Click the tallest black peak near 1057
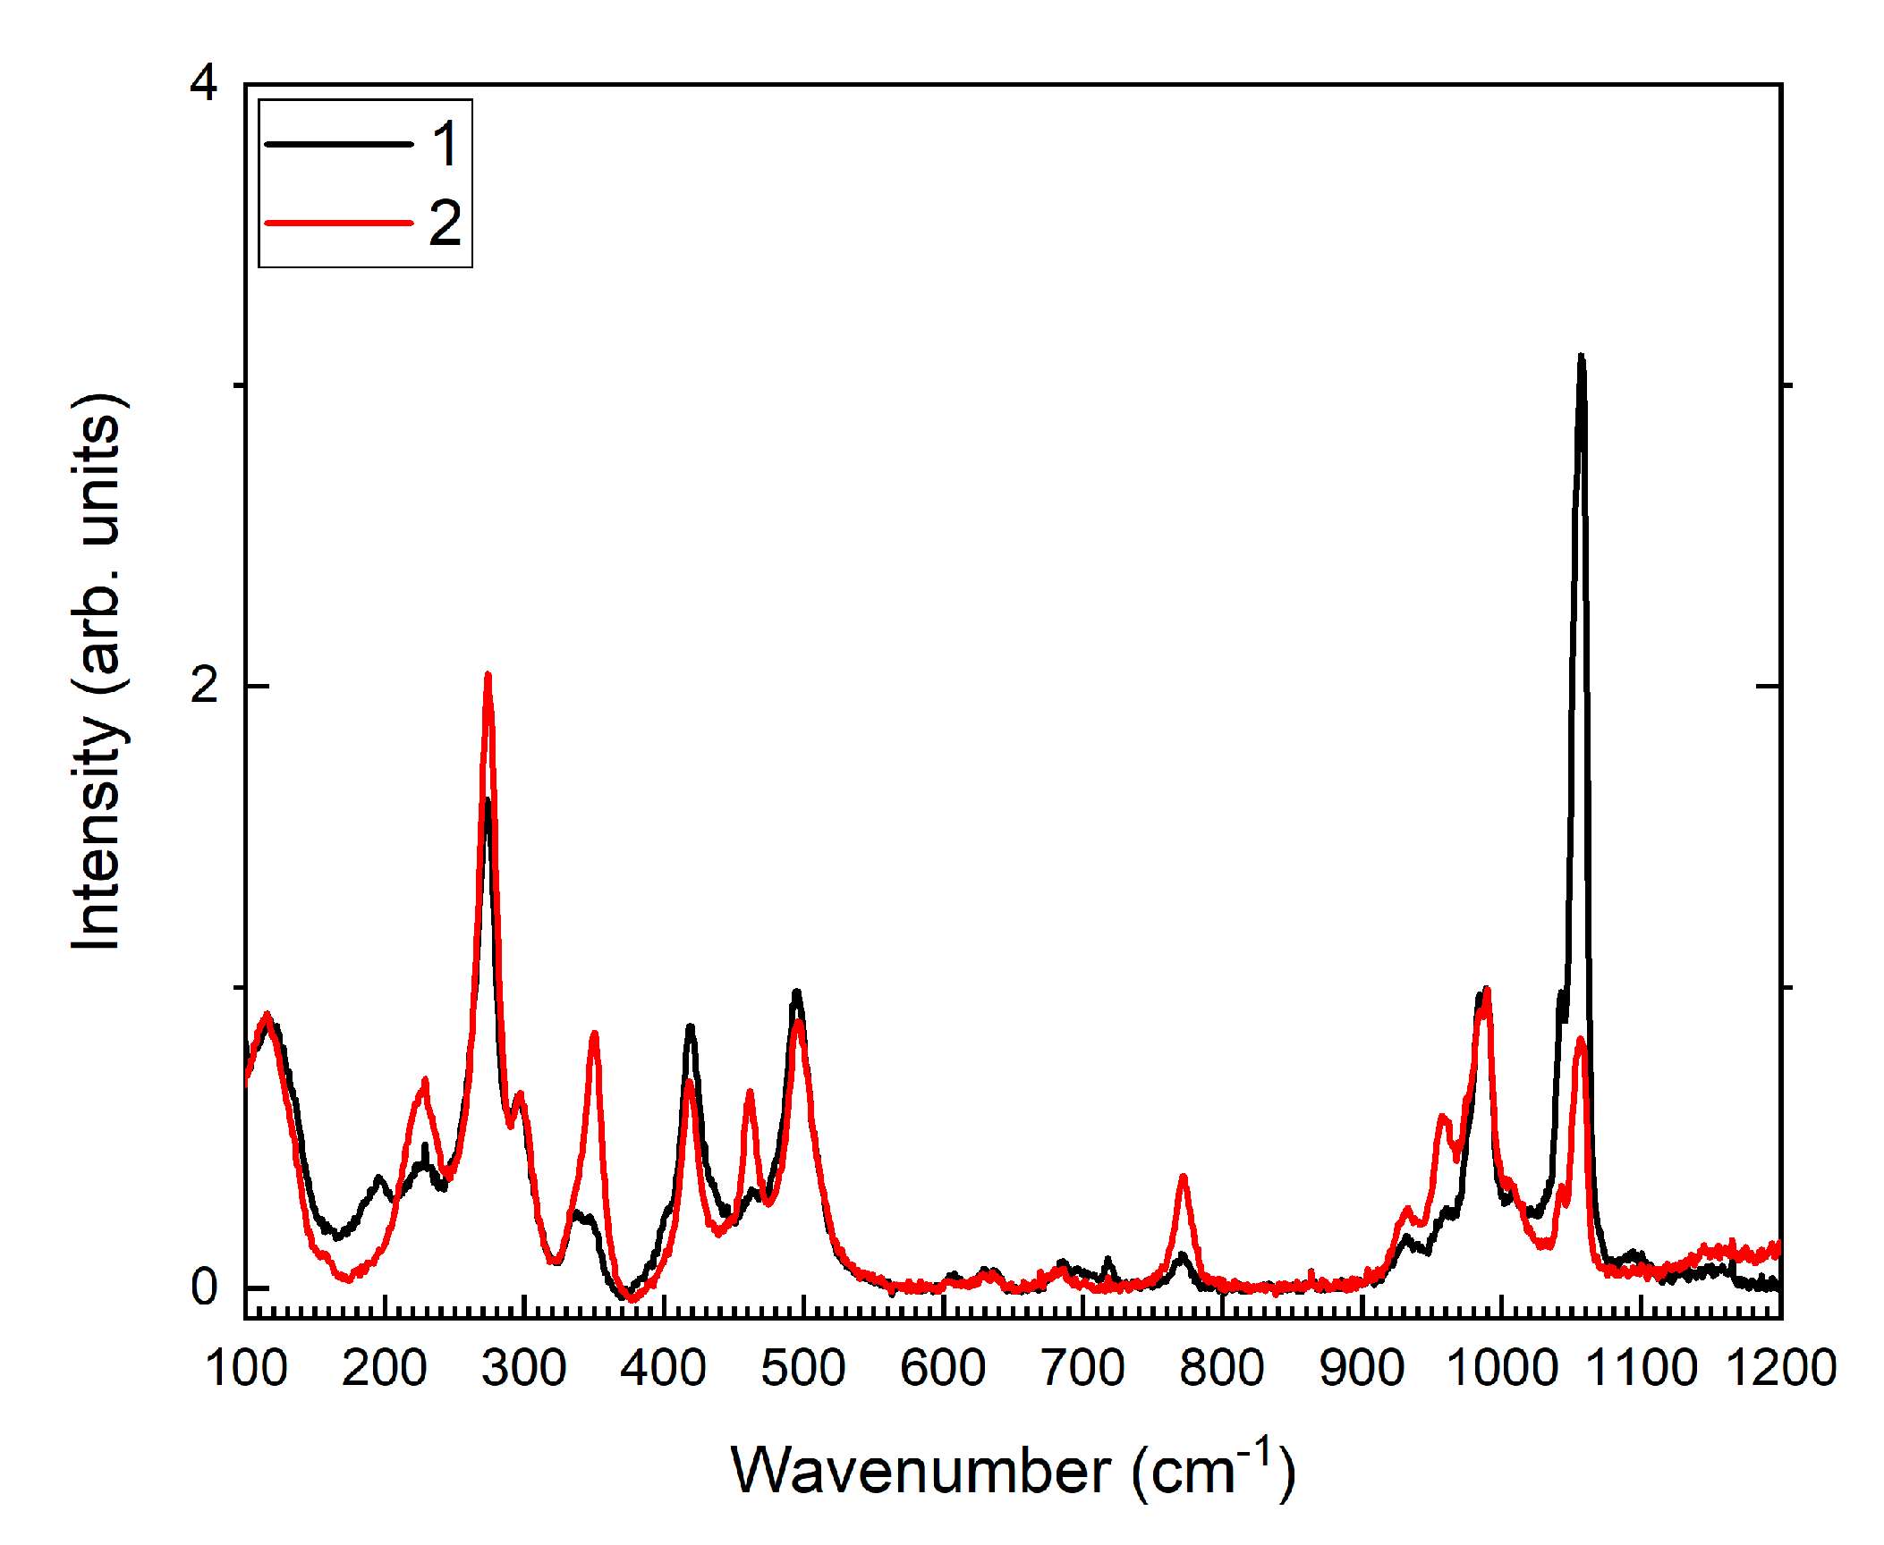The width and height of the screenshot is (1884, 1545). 1581,358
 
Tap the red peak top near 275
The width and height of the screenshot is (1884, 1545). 488,675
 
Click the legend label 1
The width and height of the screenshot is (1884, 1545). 445,144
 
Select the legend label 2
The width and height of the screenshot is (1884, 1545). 445,223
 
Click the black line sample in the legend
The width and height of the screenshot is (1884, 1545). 339,144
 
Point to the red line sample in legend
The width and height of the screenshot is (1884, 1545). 339,223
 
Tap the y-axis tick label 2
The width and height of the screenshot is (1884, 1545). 204,686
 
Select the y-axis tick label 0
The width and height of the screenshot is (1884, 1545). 204,1287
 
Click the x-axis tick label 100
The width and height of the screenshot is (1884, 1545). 246,1369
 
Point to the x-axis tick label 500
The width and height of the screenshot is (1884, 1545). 803,1369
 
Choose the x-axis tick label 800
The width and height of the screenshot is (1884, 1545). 1222,1369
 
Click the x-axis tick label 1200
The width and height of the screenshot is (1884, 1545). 1780,1369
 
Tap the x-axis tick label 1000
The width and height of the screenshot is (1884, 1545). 1501,1369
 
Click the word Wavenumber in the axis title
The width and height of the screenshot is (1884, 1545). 921,1471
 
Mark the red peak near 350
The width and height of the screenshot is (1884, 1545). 594,1034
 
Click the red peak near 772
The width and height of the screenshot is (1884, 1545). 1183,1178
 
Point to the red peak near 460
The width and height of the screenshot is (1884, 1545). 750,1093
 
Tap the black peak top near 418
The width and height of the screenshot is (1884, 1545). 690,1027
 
